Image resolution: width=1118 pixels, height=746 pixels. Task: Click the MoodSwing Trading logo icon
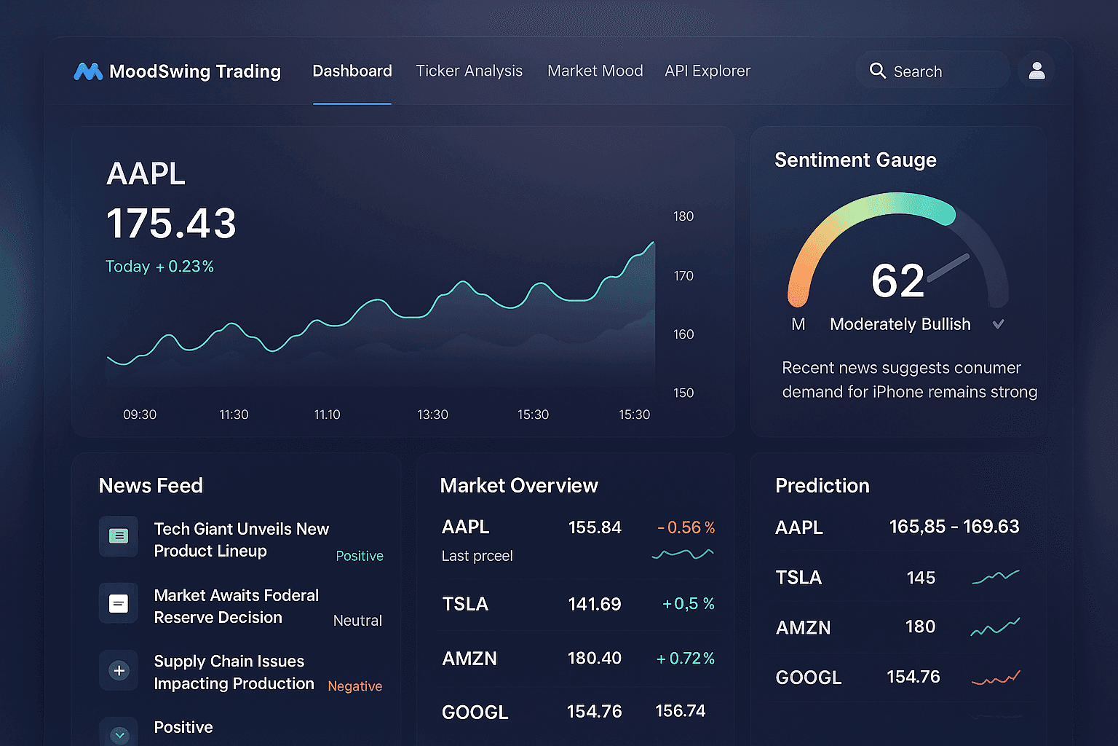88,71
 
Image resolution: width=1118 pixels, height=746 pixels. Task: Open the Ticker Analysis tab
469,71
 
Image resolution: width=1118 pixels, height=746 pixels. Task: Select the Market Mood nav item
595,71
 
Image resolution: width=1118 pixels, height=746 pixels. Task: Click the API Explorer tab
707,71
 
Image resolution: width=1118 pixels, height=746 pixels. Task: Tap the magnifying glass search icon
878,71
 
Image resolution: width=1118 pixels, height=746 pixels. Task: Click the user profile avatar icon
1036,71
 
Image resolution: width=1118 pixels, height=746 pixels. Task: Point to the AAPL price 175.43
171,223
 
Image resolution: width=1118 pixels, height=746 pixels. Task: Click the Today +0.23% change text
159,267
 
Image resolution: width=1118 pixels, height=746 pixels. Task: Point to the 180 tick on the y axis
683,216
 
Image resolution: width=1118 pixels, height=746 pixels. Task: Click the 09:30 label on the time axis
140,415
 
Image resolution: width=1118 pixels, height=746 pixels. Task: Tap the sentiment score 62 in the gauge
897,280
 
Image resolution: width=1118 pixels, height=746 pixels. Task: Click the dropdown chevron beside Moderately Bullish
999,324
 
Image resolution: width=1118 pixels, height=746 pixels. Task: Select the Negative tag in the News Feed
354,686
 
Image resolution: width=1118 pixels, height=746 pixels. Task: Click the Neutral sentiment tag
357,621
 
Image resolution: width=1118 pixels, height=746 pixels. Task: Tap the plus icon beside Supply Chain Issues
119,670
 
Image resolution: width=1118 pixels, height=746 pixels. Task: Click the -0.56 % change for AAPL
686,527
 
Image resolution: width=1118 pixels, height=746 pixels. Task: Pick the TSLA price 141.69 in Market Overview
594,604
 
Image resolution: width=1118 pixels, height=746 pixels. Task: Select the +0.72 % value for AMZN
685,659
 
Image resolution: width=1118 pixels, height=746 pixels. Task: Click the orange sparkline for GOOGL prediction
996,679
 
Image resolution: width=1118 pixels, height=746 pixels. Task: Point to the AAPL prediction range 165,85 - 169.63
954,527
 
